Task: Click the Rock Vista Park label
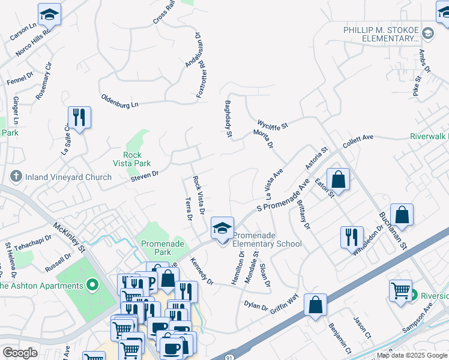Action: click(x=131, y=158)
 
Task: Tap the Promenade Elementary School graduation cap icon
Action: click(x=222, y=228)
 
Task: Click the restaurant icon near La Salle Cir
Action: click(x=79, y=117)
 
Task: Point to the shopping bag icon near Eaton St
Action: click(x=339, y=179)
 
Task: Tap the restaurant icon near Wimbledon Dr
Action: click(x=352, y=237)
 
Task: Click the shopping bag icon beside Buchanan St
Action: click(x=402, y=215)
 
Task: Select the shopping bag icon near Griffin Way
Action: click(x=315, y=305)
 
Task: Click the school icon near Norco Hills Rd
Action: click(x=49, y=14)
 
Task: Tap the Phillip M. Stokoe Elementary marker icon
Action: click(x=427, y=32)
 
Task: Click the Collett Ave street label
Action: click(x=358, y=141)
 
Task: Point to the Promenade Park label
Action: click(x=157, y=248)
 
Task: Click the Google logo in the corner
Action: click(x=20, y=352)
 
